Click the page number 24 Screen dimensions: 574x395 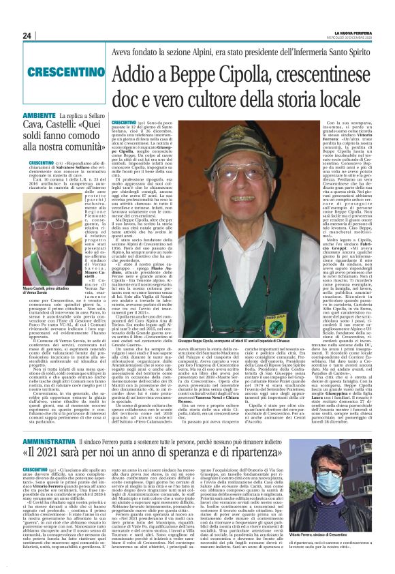27,36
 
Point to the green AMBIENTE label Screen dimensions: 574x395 39,116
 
